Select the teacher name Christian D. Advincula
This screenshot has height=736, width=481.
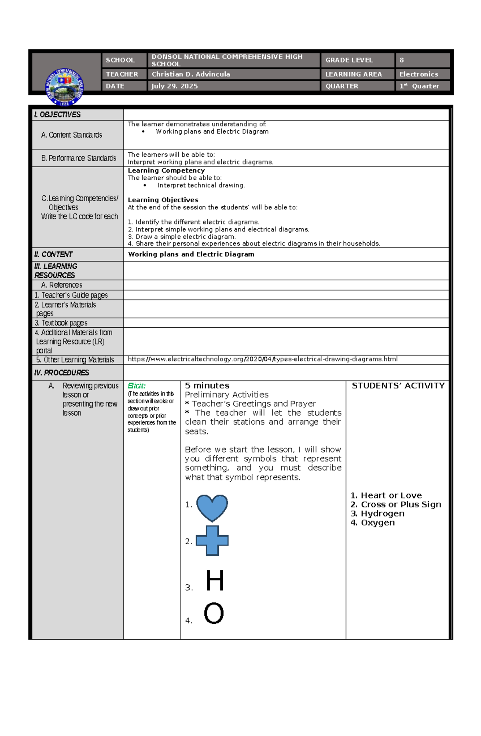pos(191,74)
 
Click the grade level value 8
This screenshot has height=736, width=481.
pos(402,60)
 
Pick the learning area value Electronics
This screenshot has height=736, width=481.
pos(418,74)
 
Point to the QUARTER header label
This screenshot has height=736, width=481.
pos(342,86)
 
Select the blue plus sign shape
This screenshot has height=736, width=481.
pos(212,541)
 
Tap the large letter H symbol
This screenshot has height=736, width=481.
pos(214,581)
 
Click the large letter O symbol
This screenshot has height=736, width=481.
pos(214,613)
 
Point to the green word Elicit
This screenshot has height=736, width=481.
pos(136,386)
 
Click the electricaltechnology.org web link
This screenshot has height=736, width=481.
pos(263,359)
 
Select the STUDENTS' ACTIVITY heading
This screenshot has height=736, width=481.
pos(398,386)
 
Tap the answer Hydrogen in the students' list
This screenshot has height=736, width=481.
pos(382,514)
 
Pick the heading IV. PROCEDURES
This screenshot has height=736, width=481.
pos(62,373)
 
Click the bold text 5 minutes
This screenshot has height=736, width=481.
pos(207,385)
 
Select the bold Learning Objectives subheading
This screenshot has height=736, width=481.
pos(163,200)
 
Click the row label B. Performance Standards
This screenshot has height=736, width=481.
pos(79,158)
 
